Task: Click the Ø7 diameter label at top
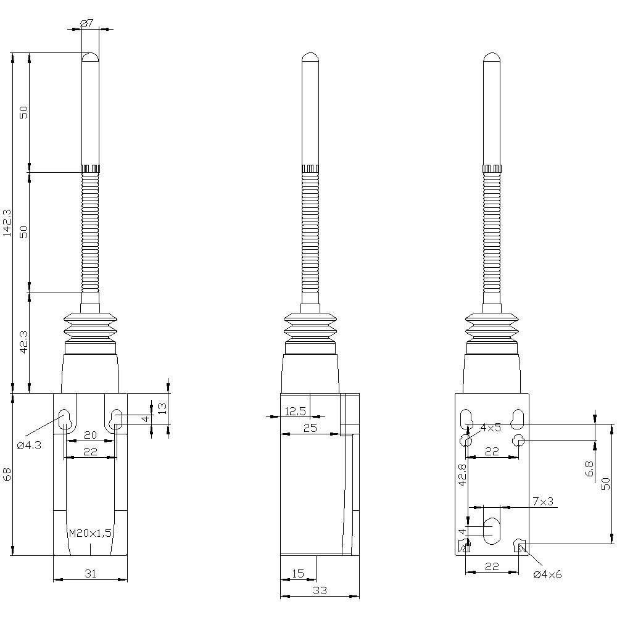coord(87,23)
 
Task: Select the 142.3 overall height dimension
coord(7,222)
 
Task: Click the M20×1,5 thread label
coord(90,533)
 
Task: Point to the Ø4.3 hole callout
coord(29,445)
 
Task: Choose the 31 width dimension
coord(90,574)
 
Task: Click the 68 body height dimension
coord(7,474)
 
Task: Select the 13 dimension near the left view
coord(162,408)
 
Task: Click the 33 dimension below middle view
coord(320,590)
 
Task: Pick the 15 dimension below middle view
coord(297,574)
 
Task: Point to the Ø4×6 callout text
coord(547,574)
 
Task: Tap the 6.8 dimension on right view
coord(589,468)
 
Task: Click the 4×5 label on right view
coord(491,428)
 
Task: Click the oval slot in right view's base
coord(492,531)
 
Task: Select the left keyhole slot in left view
coord(64,420)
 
